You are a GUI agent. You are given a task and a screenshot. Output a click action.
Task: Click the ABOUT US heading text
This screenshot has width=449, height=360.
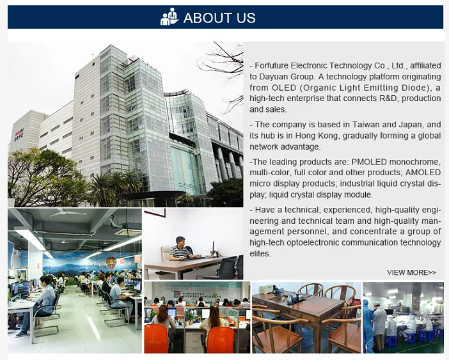pyautogui.click(x=219, y=18)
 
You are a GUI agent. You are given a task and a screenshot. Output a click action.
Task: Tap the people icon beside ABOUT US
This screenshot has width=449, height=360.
pyautogui.click(x=169, y=17)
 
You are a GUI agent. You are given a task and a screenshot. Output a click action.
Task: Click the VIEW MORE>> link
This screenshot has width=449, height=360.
pyautogui.click(x=411, y=272)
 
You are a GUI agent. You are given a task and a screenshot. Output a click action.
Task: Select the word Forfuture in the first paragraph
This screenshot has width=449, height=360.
pyautogui.click(x=271, y=66)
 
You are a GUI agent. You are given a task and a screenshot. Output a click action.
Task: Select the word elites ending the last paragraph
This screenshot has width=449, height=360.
pyautogui.click(x=260, y=254)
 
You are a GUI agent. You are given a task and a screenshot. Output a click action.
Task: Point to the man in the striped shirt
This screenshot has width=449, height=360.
pyautogui.click(x=181, y=248)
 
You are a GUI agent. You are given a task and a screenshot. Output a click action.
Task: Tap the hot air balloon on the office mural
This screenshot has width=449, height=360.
pyautogui.click(x=111, y=262)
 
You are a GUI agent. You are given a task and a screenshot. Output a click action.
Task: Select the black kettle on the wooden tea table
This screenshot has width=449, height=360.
pyautogui.click(x=291, y=299)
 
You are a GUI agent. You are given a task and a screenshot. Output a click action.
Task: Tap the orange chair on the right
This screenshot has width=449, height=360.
pyautogui.click(x=221, y=340)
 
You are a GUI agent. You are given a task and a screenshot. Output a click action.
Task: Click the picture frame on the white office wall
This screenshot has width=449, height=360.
pyautogui.click(x=155, y=213)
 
